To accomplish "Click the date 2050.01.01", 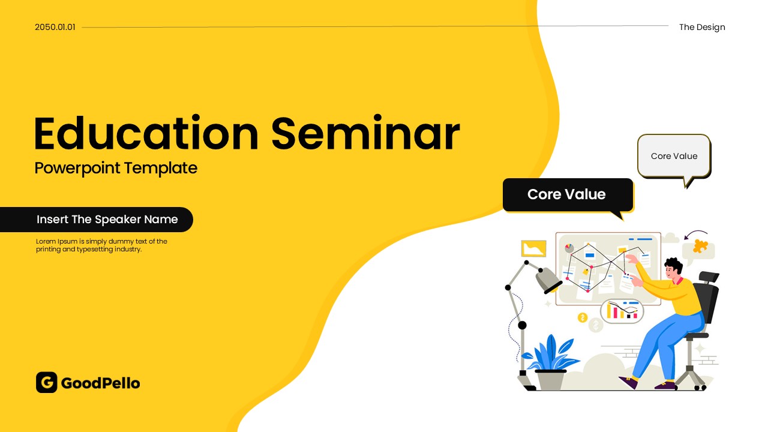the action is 55,27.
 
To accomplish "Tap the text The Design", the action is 702,27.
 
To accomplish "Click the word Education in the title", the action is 146,133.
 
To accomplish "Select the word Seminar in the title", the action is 365,133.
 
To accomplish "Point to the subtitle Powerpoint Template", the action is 116,169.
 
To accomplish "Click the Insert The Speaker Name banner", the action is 97,220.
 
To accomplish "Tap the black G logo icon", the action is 47,382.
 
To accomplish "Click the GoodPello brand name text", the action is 100,383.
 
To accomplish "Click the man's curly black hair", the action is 673,265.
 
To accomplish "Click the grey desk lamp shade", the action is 548,280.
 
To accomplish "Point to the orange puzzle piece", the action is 700,246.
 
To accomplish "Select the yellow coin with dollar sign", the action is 583,318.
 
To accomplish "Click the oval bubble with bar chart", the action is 622,311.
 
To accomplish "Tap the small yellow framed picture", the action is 533,248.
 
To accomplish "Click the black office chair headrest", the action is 709,277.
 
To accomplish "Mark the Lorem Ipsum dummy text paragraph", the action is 101,245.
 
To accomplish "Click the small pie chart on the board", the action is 569,248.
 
